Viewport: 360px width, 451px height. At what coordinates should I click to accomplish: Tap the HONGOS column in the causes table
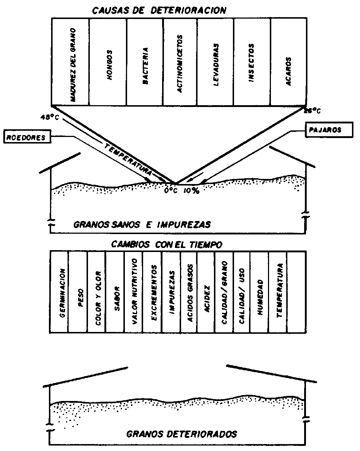(x=108, y=62)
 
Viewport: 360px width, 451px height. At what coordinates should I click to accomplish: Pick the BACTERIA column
(x=145, y=62)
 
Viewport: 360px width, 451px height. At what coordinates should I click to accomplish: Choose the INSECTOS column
(x=252, y=62)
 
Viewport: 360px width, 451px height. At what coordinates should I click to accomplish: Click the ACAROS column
(x=288, y=62)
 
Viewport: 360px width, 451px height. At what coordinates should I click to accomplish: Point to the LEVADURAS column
(x=215, y=62)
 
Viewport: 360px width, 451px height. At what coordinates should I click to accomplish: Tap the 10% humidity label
(x=191, y=191)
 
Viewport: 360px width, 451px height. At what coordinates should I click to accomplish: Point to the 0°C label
(x=170, y=191)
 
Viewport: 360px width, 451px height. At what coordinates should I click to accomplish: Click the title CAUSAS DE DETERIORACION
(x=159, y=10)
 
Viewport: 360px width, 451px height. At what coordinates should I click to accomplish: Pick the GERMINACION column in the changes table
(x=60, y=292)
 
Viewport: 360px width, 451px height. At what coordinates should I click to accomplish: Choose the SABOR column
(x=115, y=292)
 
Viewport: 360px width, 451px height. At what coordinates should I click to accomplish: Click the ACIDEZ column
(x=206, y=292)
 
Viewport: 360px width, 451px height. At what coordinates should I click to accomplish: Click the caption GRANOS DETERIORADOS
(x=181, y=434)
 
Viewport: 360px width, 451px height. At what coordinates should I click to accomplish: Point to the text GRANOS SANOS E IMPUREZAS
(x=142, y=224)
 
